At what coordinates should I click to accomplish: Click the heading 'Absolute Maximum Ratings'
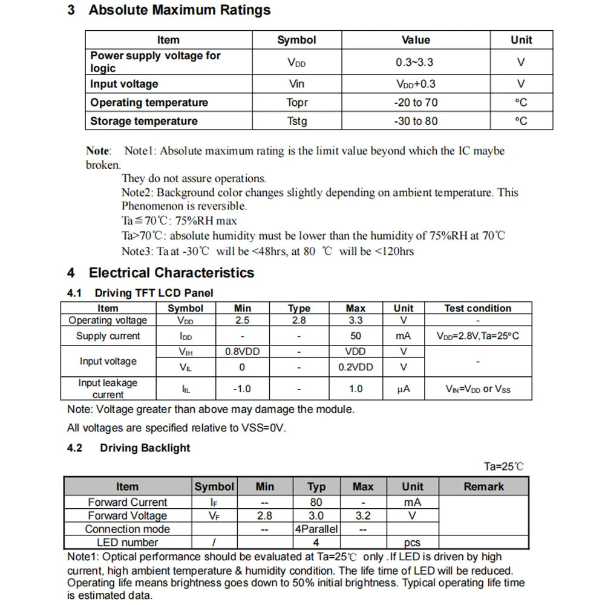click(x=179, y=10)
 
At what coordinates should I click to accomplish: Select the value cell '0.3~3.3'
click(x=414, y=62)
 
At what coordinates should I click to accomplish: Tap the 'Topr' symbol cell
click(x=296, y=102)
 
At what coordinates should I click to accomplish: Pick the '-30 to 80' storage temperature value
click(x=416, y=121)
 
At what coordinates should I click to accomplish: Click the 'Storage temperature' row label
click(x=144, y=121)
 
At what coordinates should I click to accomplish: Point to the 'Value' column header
click(x=416, y=40)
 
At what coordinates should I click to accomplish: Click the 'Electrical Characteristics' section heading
click(x=171, y=273)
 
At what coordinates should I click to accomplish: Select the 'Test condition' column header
click(x=477, y=308)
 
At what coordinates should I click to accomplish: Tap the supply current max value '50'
click(x=356, y=336)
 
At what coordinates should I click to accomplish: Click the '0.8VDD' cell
click(x=242, y=352)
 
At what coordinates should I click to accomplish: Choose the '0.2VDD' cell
click(x=356, y=367)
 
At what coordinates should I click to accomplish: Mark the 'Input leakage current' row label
click(x=108, y=388)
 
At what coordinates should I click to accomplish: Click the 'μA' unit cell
click(x=404, y=389)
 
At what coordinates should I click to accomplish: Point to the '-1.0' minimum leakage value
click(x=242, y=389)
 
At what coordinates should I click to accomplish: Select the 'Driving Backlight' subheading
click(x=145, y=448)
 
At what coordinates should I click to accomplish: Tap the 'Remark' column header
click(x=483, y=486)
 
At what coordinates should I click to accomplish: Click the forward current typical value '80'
click(x=316, y=502)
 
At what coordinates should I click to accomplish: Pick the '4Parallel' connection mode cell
click(x=316, y=529)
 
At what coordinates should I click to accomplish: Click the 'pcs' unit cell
click(x=413, y=543)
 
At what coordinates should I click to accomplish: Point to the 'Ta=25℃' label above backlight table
click(x=503, y=466)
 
